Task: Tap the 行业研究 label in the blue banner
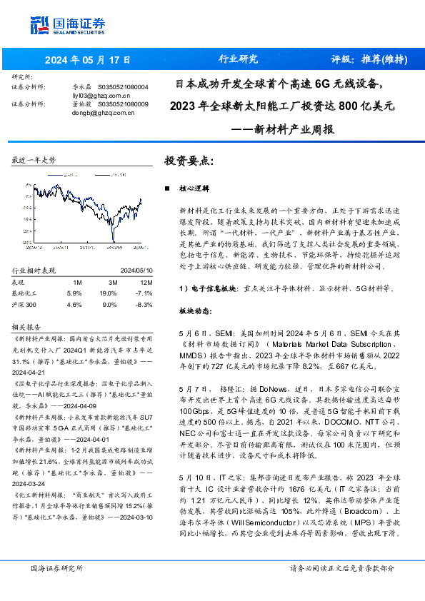pyautogui.click(x=237, y=59)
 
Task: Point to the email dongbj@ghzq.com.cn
pyautogui.click(x=99, y=113)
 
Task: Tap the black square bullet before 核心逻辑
pyautogui.click(x=166, y=189)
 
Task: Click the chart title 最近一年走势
pyautogui.click(x=34, y=161)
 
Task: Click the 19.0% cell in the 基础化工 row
pyautogui.click(x=108, y=293)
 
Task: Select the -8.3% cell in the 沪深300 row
pyautogui.click(x=144, y=304)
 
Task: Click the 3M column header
pyautogui.click(x=109, y=283)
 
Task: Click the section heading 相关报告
pyautogui.click(x=28, y=326)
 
